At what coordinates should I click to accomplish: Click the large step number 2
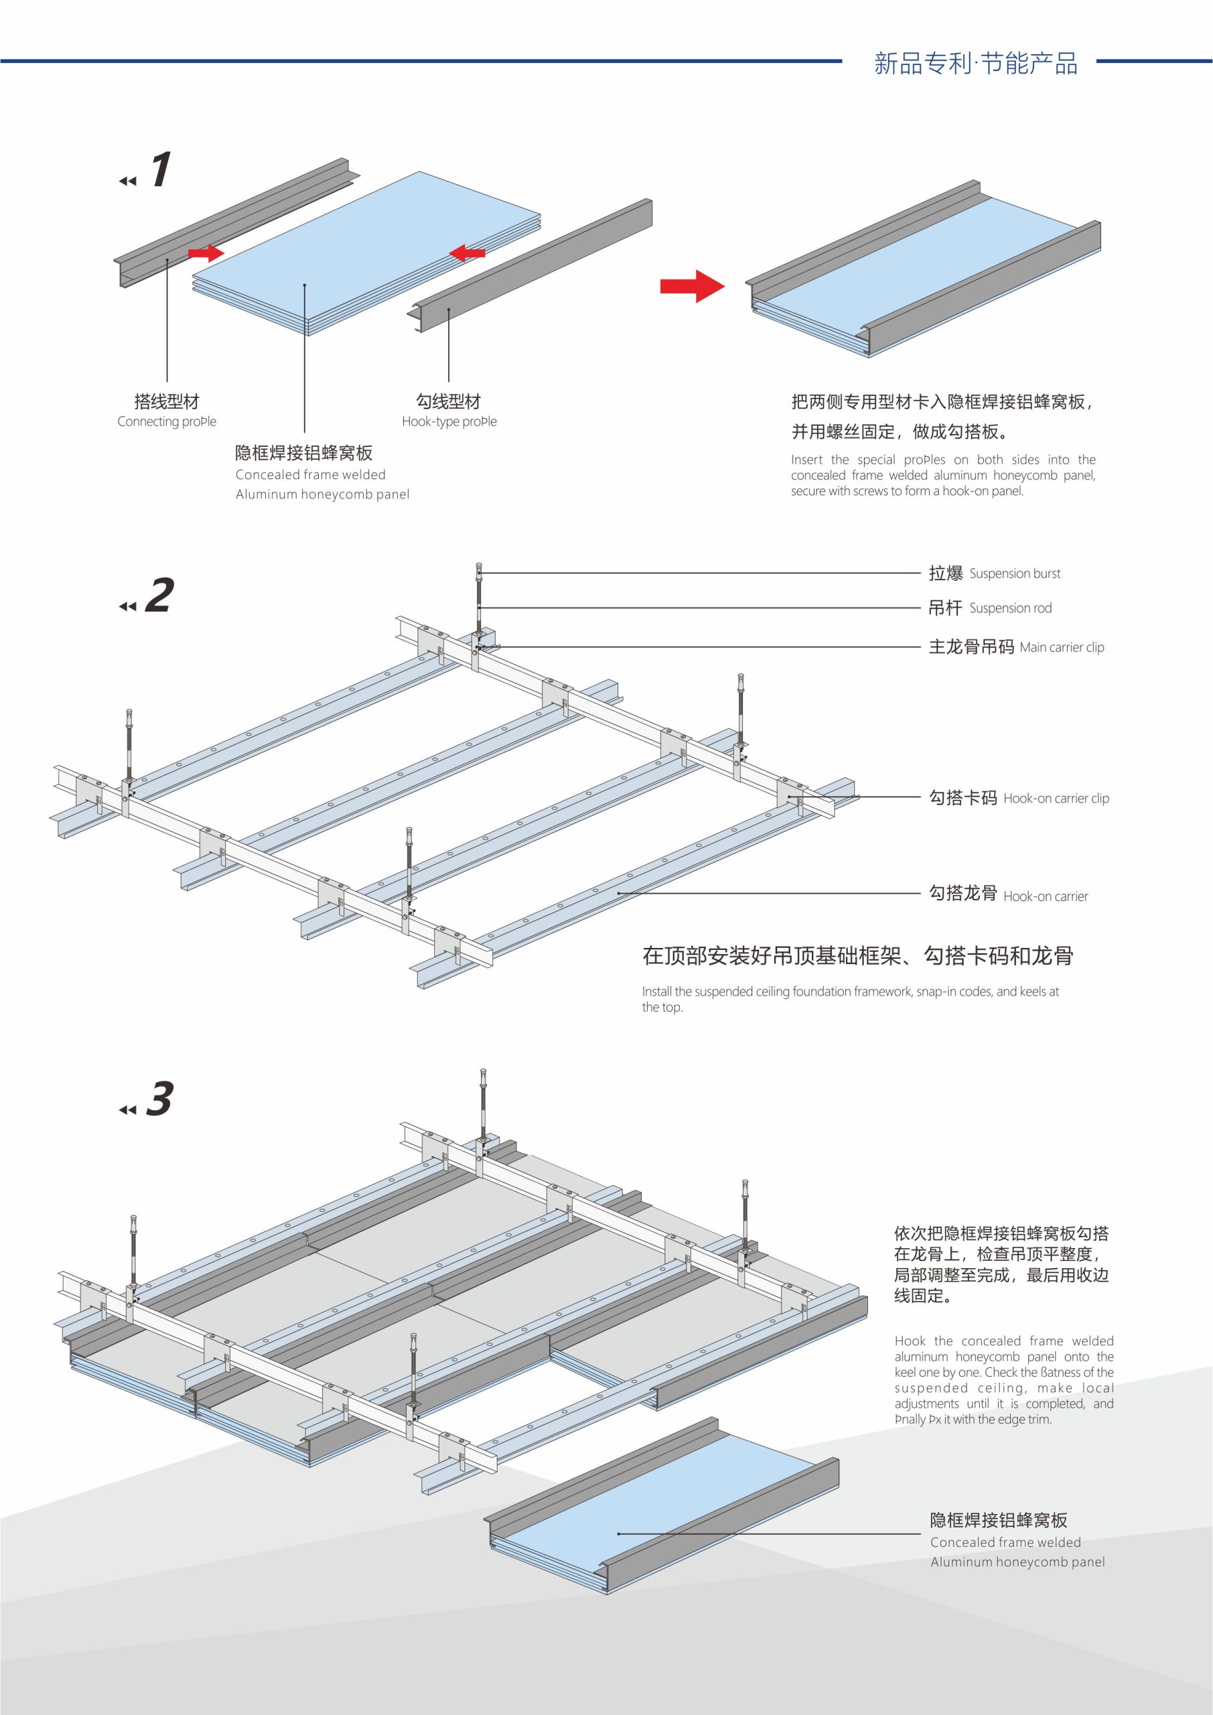click(159, 596)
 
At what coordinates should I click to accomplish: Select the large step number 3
click(159, 1099)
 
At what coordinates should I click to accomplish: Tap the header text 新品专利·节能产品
click(975, 64)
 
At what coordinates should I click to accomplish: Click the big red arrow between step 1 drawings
click(692, 285)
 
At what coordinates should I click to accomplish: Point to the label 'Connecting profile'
click(167, 421)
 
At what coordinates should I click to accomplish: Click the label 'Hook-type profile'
click(449, 421)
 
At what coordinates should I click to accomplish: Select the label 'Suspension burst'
click(1014, 573)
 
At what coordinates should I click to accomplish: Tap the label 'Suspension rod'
click(1010, 608)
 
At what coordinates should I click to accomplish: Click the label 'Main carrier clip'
click(1062, 647)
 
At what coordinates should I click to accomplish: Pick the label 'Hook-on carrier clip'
click(1056, 799)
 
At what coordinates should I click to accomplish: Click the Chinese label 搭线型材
click(167, 402)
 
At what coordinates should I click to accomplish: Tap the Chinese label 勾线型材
click(448, 402)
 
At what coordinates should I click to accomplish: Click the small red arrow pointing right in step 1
click(206, 253)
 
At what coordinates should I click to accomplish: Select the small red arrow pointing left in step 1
click(468, 253)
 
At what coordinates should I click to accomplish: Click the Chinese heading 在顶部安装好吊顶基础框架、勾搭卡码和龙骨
click(857, 956)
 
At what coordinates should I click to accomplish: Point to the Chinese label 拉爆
click(946, 573)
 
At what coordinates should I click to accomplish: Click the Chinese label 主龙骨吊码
click(971, 647)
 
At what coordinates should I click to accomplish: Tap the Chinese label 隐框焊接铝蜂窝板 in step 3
click(999, 1520)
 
